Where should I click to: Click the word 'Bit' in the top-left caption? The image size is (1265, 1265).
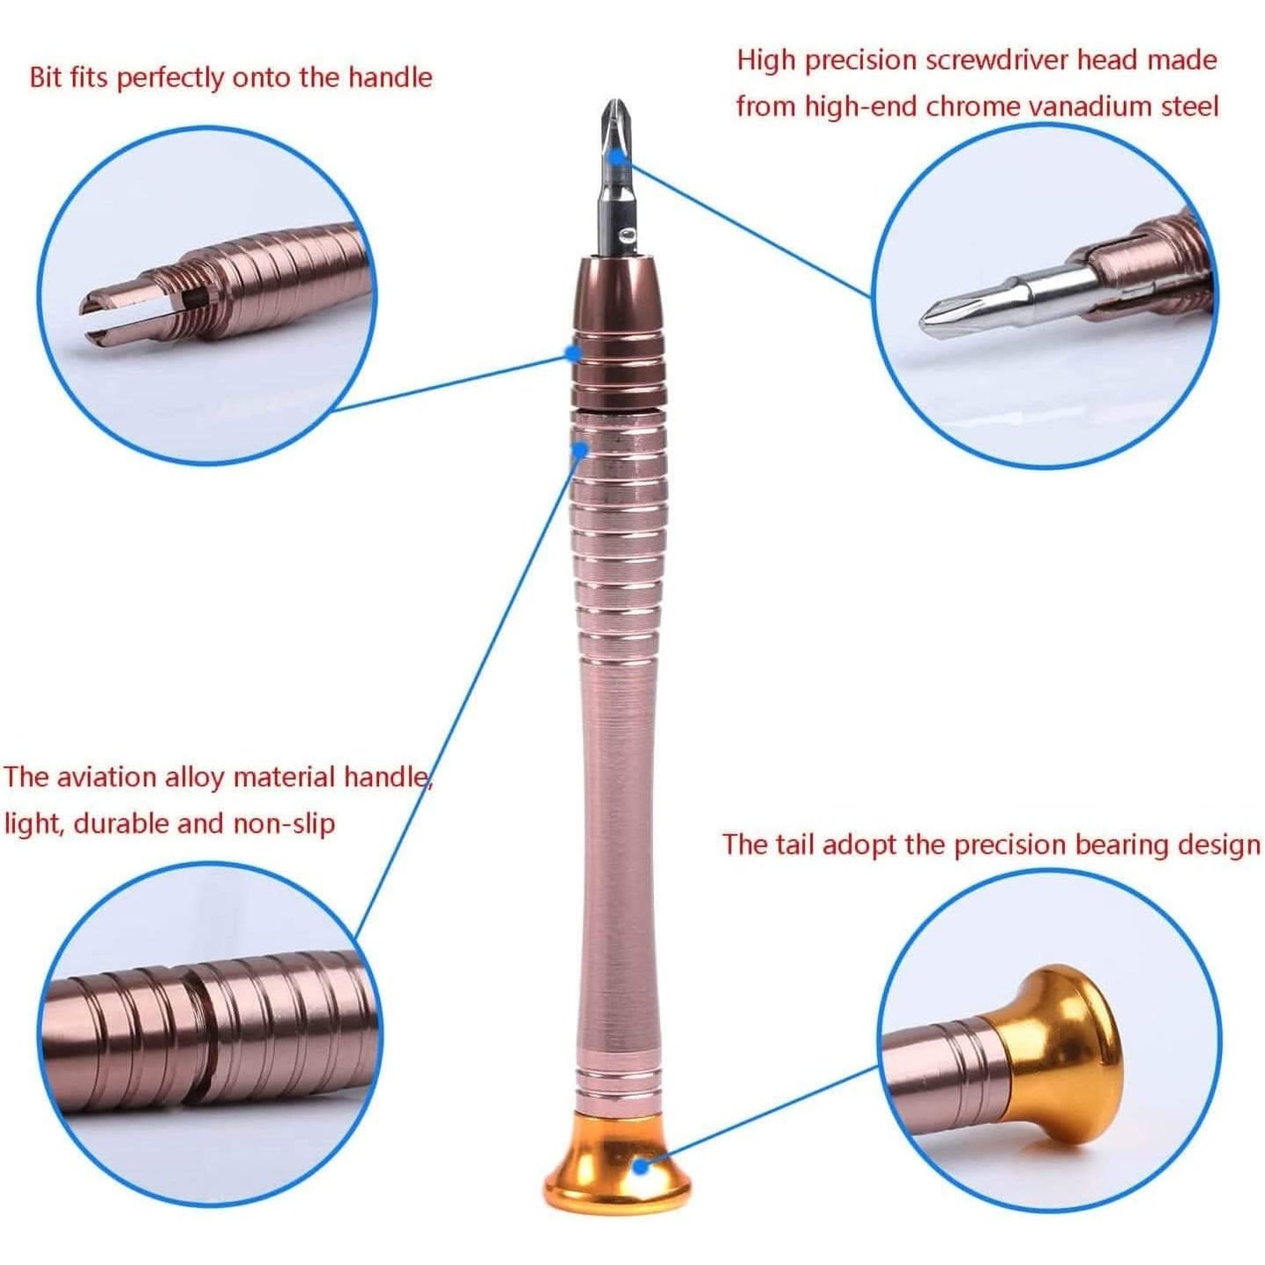point(46,77)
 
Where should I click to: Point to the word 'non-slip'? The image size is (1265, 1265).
point(284,823)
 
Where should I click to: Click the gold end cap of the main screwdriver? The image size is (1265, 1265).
point(616,1164)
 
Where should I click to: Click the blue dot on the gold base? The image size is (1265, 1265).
point(642,1166)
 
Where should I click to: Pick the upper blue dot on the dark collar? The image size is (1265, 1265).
point(573,353)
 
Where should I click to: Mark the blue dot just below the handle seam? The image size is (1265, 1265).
point(579,450)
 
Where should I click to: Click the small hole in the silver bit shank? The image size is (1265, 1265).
point(626,235)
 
